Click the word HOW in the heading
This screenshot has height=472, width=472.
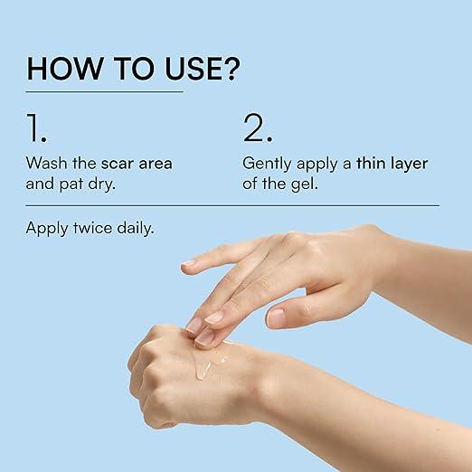[64, 69]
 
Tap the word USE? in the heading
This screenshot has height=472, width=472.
[203, 69]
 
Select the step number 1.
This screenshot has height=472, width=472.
[36, 127]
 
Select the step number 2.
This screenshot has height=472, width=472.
[258, 127]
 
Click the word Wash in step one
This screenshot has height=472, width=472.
[46, 163]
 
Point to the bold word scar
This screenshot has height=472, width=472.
[117, 164]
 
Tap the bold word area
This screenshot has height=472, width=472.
[156, 164]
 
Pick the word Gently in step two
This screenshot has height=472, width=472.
[267, 164]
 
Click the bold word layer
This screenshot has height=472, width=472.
[409, 165]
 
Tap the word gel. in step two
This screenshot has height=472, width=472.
[305, 184]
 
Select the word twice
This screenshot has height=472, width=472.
[92, 228]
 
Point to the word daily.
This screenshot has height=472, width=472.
[136, 229]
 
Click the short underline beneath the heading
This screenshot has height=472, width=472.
[105, 91]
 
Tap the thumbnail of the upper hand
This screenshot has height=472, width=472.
[276, 317]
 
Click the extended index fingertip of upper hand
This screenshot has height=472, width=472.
[188, 266]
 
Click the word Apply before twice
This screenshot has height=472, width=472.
[47, 229]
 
